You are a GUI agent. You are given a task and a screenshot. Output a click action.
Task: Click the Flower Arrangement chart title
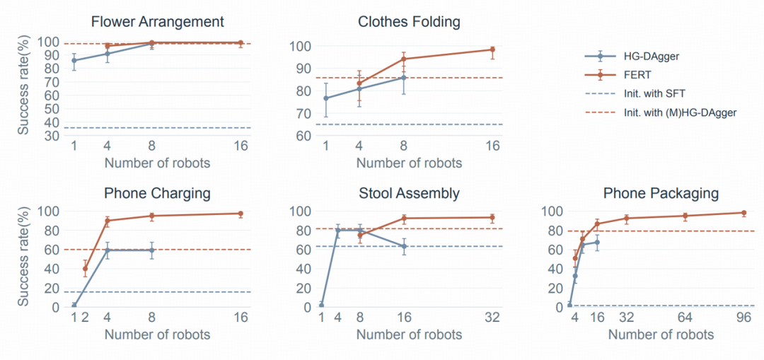tap(158, 22)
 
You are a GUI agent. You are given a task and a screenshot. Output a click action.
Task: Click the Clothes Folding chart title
tap(409, 22)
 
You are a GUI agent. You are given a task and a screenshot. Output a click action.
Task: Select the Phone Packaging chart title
tap(661, 193)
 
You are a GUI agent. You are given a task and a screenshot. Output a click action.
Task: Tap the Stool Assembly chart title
tap(409, 193)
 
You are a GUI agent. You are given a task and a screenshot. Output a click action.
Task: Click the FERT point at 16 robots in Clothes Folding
tap(492, 50)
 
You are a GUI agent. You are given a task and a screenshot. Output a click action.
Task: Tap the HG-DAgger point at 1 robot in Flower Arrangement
tap(74, 60)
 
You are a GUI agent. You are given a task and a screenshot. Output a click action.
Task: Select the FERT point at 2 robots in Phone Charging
tap(86, 269)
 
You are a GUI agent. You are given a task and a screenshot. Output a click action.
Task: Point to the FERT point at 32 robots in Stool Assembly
tap(492, 217)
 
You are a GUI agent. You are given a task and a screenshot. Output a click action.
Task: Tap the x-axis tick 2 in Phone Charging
tap(86, 318)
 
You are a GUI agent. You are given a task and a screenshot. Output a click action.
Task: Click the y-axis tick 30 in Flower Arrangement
tap(51, 135)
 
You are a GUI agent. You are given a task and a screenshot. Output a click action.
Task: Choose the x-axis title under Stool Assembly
tap(410, 335)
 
